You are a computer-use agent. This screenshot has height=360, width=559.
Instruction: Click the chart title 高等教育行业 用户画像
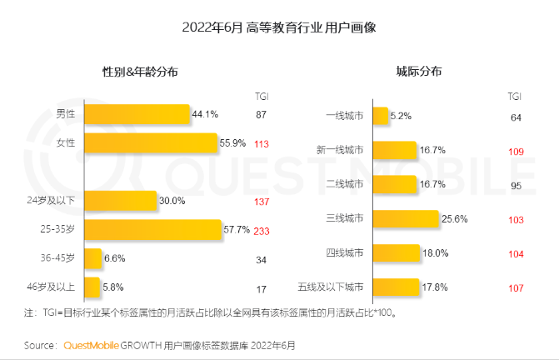tap(280, 27)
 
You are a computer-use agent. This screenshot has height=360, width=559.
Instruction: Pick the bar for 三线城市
tap(405, 219)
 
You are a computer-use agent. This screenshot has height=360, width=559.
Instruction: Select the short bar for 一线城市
tap(380, 116)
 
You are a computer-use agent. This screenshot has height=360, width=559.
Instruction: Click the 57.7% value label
tap(237, 229)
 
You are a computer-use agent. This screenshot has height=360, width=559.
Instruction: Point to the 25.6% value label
tap(455, 219)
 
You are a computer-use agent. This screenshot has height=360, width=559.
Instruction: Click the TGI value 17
tap(262, 288)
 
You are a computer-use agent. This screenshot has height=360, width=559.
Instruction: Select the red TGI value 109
tap(516, 151)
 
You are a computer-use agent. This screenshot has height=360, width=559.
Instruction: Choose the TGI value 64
tap(516, 117)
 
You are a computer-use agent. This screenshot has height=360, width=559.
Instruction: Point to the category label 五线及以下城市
tap(331, 288)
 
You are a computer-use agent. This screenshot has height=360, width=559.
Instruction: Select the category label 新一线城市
tap(342, 151)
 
